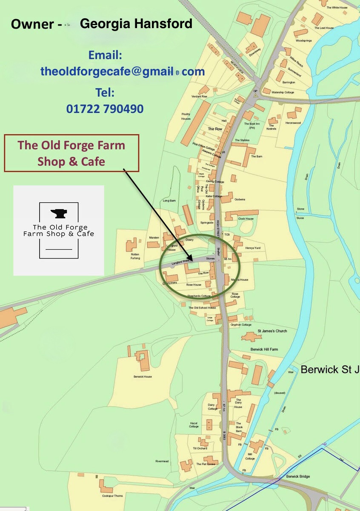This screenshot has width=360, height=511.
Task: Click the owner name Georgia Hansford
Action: (x=136, y=24)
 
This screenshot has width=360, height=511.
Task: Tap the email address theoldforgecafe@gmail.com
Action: (x=123, y=72)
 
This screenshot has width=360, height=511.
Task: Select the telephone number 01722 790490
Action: (x=105, y=109)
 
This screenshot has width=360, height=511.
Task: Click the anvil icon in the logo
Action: (x=59, y=214)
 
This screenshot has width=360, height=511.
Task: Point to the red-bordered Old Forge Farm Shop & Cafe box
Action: (x=71, y=153)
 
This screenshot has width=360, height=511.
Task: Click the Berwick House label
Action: (x=143, y=376)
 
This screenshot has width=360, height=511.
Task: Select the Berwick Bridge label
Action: (x=298, y=477)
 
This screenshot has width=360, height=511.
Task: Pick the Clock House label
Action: (x=246, y=219)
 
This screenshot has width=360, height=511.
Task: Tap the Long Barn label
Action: (x=169, y=201)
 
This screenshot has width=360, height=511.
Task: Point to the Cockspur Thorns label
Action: (x=113, y=496)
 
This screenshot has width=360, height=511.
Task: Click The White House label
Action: (x=337, y=8)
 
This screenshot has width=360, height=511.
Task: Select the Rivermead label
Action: (x=162, y=461)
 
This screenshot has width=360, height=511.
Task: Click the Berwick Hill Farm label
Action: (x=264, y=349)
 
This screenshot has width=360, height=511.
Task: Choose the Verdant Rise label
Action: (x=199, y=97)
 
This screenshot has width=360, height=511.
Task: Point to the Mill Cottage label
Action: (x=250, y=456)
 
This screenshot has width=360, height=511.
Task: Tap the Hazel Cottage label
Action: (x=194, y=425)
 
